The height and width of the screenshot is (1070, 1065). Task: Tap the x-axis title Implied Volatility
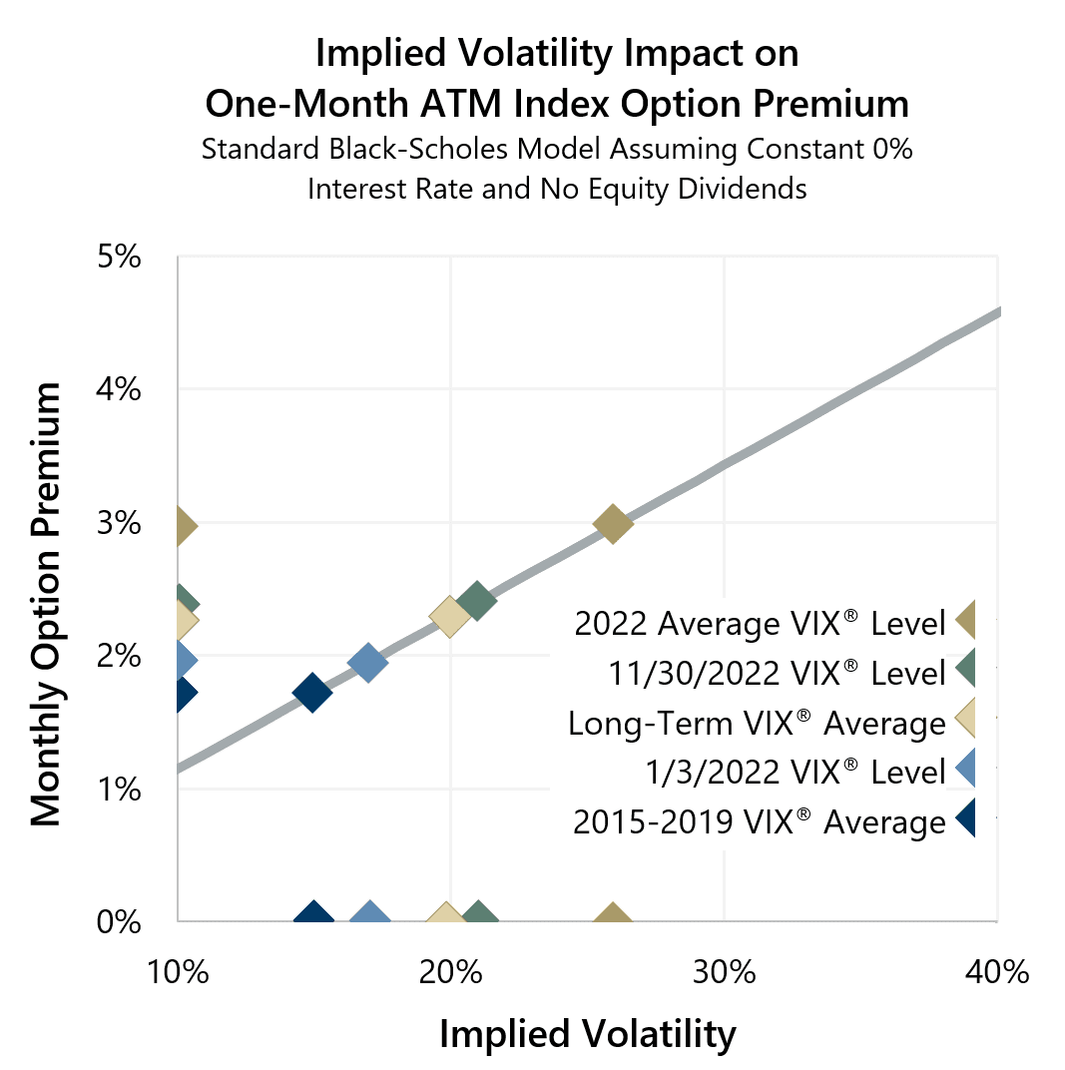[587, 1034]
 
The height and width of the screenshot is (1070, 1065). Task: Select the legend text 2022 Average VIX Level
[759, 624]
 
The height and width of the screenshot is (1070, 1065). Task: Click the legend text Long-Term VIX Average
[756, 723]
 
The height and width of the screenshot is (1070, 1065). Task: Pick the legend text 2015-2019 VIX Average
[759, 822]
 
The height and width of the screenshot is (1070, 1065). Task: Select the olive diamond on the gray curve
[613, 523]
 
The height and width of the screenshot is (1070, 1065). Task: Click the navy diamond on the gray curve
[312, 693]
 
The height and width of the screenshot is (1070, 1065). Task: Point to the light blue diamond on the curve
[367, 662]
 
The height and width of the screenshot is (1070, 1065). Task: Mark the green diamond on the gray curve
[477, 602]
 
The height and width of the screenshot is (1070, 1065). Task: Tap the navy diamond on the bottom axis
[314, 916]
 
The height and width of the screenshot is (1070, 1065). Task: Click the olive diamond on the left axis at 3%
[182, 525]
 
